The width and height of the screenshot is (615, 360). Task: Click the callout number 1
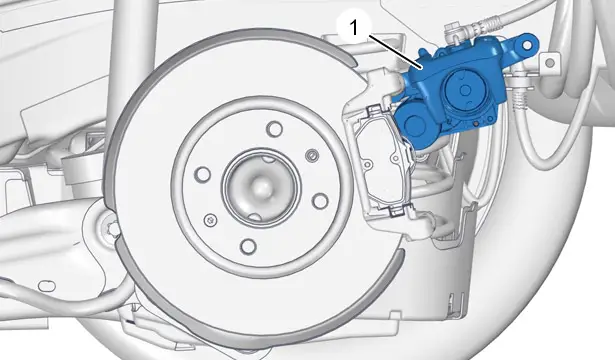pyautogui.click(x=354, y=28)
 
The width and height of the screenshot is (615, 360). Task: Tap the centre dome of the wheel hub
pyautogui.click(x=260, y=187)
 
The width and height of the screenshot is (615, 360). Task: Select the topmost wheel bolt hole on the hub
pyautogui.click(x=274, y=129)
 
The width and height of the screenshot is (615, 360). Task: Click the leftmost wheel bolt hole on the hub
pyautogui.click(x=202, y=174)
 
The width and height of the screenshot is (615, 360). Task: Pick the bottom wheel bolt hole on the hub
pyautogui.click(x=248, y=246)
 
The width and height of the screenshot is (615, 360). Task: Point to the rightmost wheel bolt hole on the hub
pyautogui.click(x=320, y=201)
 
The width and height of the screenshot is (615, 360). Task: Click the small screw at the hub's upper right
pyautogui.click(x=312, y=156)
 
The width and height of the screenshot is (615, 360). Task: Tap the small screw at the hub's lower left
pyautogui.click(x=211, y=220)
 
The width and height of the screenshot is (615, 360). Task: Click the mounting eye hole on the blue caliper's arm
pyautogui.click(x=527, y=45)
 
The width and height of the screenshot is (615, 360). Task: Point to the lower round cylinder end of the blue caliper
pyautogui.click(x=413, y=124)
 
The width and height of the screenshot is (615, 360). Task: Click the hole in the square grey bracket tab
pyautogui.click(x=550, y=62)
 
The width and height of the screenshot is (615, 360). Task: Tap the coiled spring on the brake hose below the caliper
pyautogui.click(x=520, y=98)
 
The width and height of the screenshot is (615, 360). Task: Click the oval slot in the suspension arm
pyautogui.click(x=47, y=286)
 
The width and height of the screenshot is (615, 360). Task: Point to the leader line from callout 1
pyautogui.click(x=395, y=52)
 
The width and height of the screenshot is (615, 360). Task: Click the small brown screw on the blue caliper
pyautogui.click(x=476, y=124)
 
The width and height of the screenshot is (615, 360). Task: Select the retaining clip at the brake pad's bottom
pyautogui.click(x=396, y=211)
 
